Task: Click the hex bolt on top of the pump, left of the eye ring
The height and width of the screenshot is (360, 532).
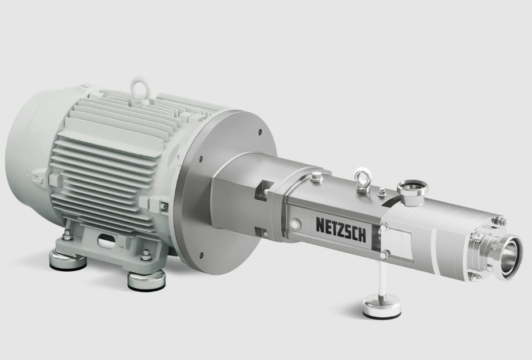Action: coord(316,177)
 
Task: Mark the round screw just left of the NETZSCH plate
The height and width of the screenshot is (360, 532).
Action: coord(295,222)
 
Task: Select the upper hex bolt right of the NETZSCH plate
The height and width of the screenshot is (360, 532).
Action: coord(385,226)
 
